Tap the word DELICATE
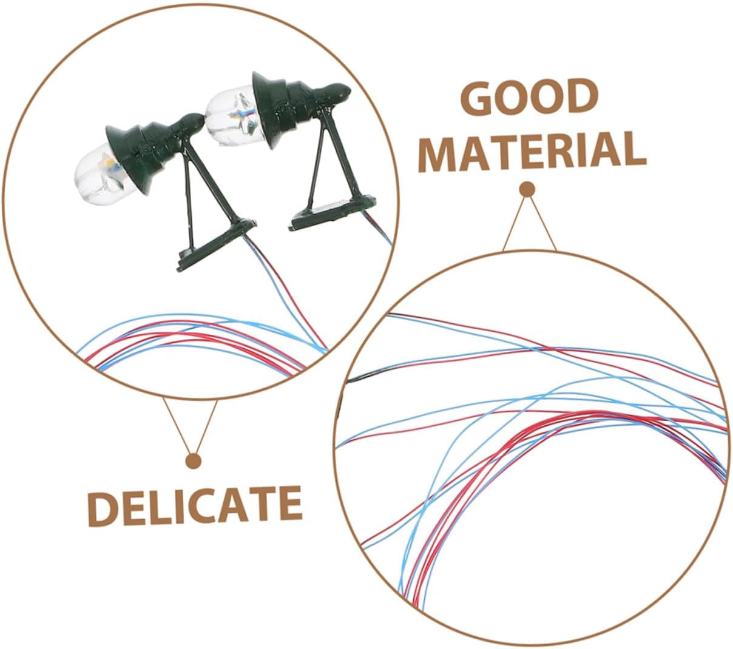point(195,504)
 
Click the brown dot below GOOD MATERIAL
point(528,190)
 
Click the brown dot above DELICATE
point(194,461)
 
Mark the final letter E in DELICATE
point(289,504)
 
